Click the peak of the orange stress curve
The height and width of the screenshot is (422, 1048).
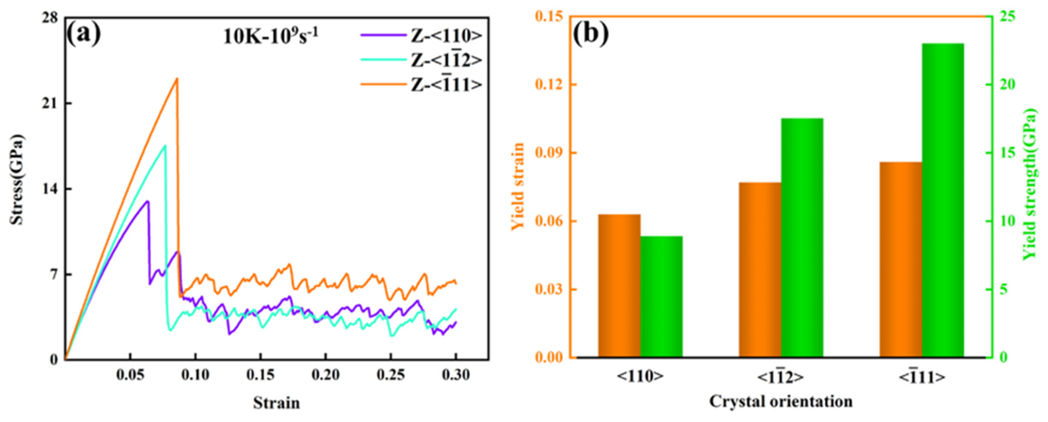click(177, 79)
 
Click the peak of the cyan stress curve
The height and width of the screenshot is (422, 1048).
click(165, 146)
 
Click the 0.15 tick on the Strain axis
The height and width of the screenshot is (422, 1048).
click(260, 374)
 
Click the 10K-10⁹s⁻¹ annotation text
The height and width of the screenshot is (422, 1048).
click(271, 37)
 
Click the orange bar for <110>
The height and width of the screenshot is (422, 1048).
click(619, 286)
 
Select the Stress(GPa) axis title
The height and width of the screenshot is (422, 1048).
click(17, 179)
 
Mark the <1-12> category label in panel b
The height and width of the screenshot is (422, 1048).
click(780, 377)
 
